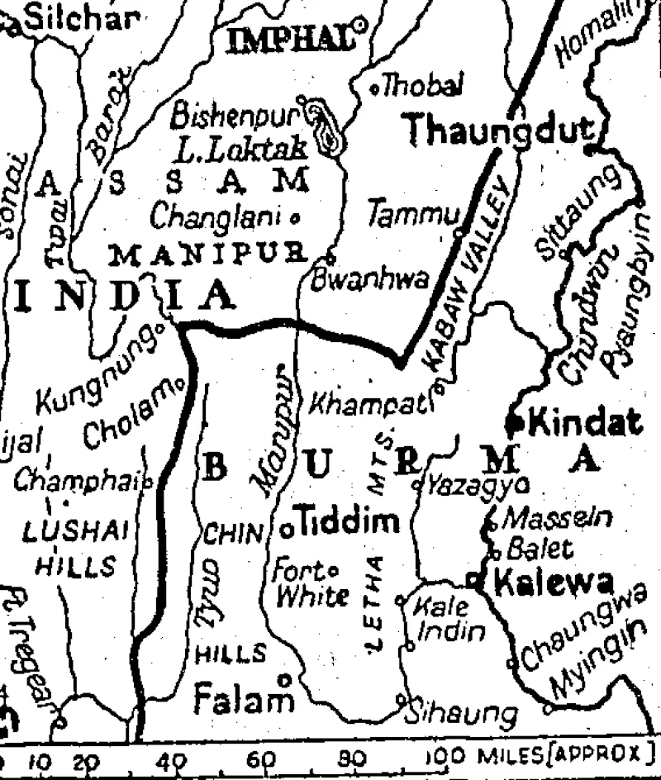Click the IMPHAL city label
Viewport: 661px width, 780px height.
tap(289, 39)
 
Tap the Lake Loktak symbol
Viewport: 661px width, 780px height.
tap(327, 131)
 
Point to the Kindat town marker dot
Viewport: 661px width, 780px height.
tap(515, 423)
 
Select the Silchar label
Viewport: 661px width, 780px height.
tap(78, 18)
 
